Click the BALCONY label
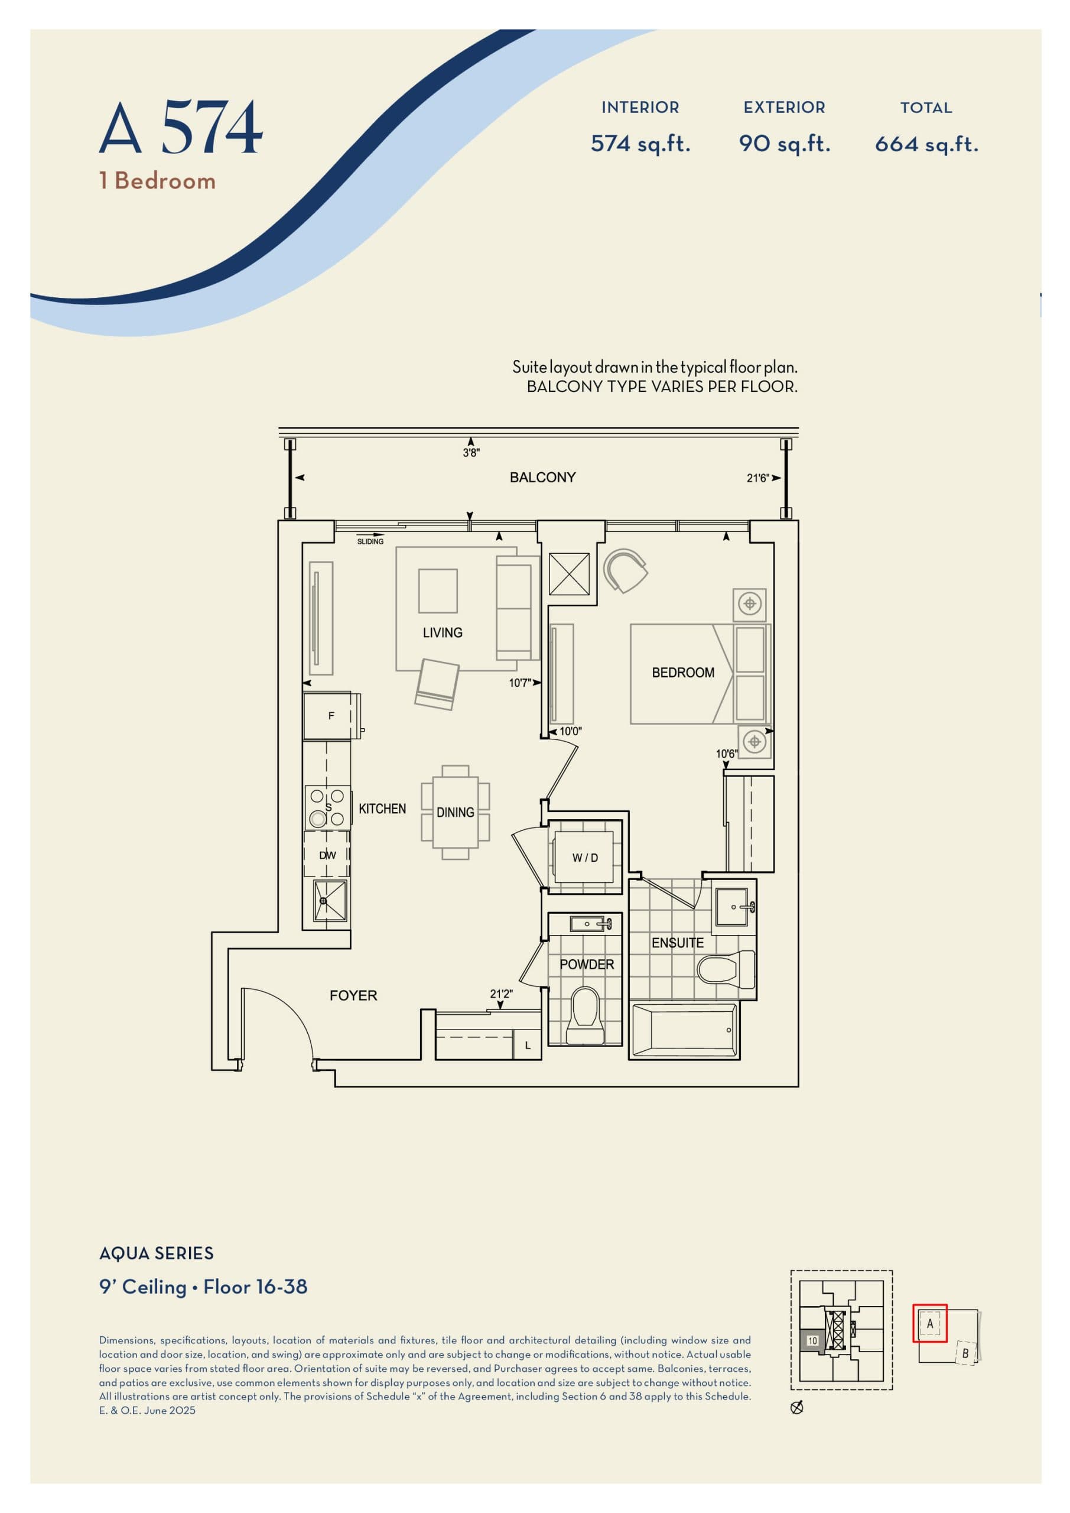(x=542, y=477)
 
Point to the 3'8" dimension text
(x=471, y=453)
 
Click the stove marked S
(x=327, y=807)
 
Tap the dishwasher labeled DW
(x=327, y=855)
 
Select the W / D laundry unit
(x=584, y=858)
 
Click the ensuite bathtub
(x=685, y=1030)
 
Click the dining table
(x=456, y=812)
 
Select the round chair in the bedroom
(x=625, y=570)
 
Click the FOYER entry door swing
(x=277, y=1024)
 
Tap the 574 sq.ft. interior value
(x=640, y=144)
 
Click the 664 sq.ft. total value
(x=926, y=144)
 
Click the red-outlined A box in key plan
(x=929, y=1323)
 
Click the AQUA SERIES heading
(x=156, y=1254)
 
